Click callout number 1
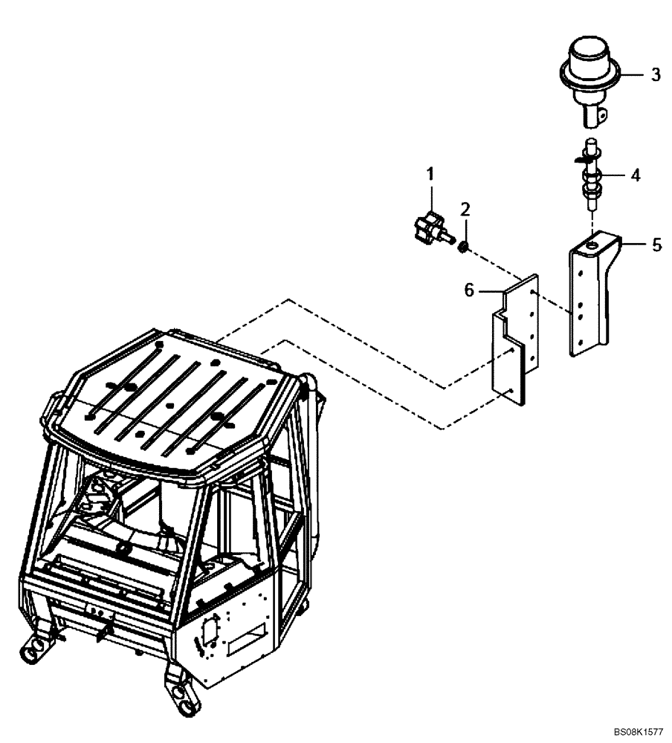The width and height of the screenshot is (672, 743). (430, 174)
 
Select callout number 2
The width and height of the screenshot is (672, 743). (465, 209)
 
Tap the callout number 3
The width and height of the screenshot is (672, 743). (655, 74)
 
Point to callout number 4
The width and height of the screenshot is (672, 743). (635, 175)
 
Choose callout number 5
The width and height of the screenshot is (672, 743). (656, 244)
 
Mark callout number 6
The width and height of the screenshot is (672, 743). (469, 291)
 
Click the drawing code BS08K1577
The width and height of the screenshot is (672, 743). (640, 732)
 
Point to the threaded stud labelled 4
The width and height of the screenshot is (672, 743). (591, 178)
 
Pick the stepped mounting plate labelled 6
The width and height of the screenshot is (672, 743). (513, 342)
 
